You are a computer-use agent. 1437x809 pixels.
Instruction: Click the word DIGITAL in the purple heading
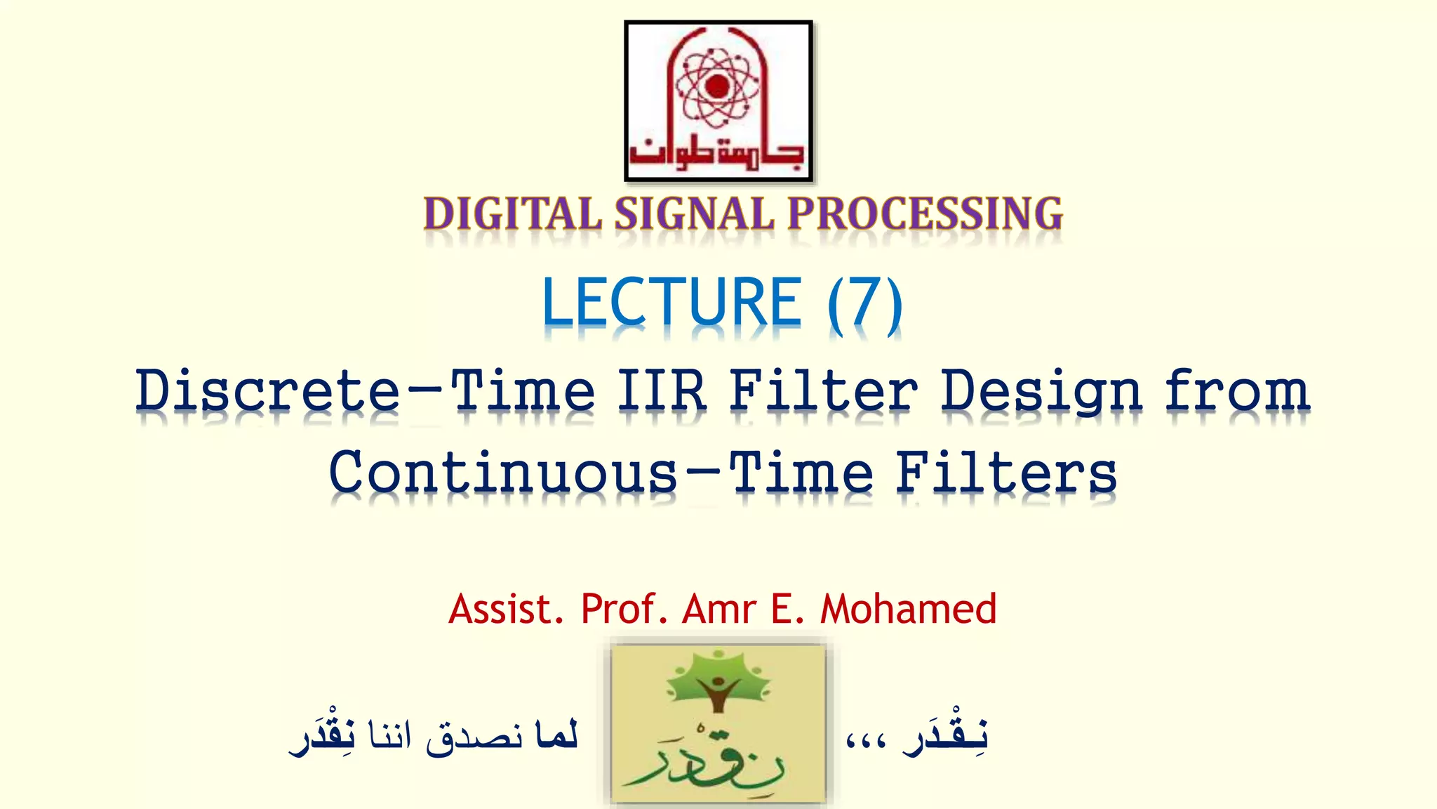point(512,213)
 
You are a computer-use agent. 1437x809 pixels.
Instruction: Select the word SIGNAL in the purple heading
point(695,213)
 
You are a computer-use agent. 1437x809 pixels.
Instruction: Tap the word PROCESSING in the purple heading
point(925,213)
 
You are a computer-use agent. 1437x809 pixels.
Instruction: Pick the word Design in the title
point(1042,392)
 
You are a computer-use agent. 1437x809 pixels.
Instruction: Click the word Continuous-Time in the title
point(601,472)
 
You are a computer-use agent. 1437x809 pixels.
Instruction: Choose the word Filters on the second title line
point(1006,472)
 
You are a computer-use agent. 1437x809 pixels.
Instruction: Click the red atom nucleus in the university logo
point(718,86)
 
